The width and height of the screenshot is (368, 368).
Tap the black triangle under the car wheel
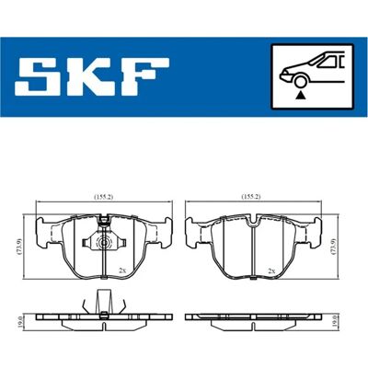point(301,96)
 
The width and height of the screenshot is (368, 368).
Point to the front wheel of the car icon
point(300,82)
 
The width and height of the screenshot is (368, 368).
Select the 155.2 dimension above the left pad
point(103,197)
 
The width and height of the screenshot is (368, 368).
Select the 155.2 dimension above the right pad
point(250,197)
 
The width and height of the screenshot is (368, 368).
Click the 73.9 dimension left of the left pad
point(20,247)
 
